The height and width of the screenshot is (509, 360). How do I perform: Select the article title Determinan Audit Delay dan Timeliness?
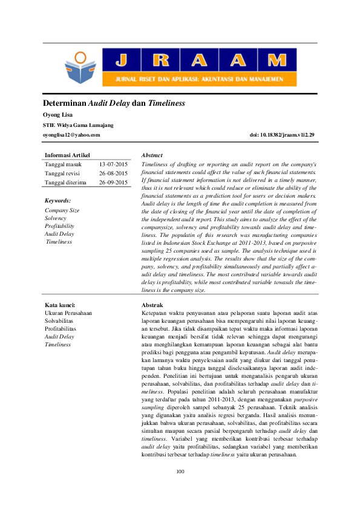[113, 103]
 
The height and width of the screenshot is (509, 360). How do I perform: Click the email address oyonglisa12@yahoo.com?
[71, 135]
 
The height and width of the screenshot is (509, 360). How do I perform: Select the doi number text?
[282, 135]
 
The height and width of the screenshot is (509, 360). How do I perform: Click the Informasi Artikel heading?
[68, 155]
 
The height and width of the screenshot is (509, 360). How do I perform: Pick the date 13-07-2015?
[113, 164]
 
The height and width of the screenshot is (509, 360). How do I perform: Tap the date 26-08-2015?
[113, 173]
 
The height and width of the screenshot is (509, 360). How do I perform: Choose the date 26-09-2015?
[113, 182]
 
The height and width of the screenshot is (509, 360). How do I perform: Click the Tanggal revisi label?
[63, 173]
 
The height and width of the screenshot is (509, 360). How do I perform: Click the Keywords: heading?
[58, 200]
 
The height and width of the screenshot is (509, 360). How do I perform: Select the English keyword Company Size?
[62, 210]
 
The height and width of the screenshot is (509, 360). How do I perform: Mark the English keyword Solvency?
[56, 218]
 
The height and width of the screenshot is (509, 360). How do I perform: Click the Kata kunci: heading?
[60, 305]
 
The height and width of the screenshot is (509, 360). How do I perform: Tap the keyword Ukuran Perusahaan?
[68, 313]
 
